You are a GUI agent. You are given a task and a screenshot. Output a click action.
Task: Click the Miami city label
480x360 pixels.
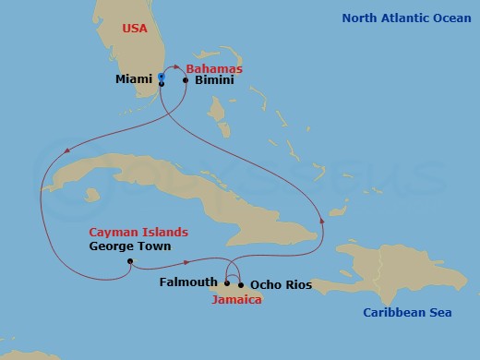click(x=133, y=80)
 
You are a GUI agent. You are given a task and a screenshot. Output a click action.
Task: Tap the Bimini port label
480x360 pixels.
click(x=214, y=80)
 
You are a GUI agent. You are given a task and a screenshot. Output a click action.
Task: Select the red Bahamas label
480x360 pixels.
click(x=214, y=68)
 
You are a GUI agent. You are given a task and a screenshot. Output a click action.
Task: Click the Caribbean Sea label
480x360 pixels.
click(x=407, y=313)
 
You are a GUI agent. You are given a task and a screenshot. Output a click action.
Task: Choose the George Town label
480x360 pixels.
click(x=130, y=246)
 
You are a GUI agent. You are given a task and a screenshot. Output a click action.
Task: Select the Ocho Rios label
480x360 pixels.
click(x=281, y=285)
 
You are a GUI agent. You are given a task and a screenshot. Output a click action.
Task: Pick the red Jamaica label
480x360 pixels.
click(x=235, y=300)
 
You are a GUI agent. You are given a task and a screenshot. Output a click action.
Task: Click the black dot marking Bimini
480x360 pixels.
click(x=186, y=80)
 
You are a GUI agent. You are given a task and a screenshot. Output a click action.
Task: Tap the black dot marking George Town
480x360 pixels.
click(x=130, y=261)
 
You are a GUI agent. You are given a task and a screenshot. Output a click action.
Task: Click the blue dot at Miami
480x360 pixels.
click(x=162, y=76)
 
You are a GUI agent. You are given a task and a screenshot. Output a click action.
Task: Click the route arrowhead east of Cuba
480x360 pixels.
click(x=322, y=219)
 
